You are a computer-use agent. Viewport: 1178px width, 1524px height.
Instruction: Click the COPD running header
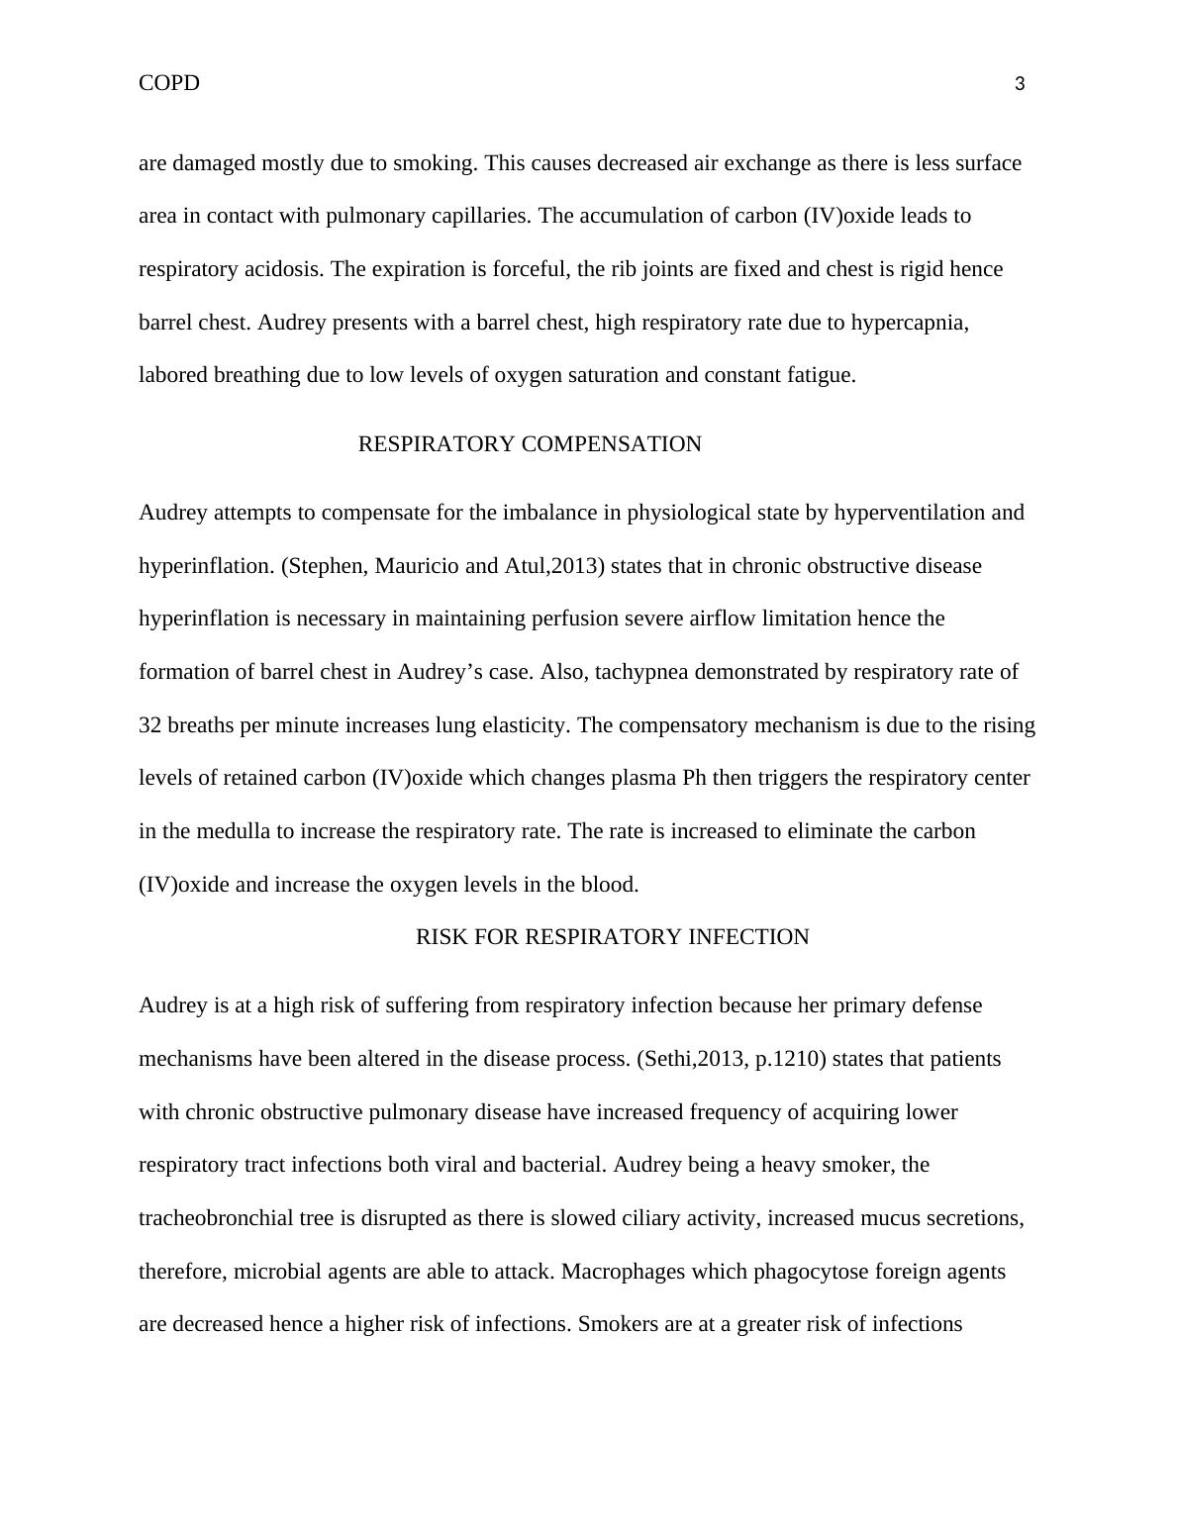[x=169, y=83]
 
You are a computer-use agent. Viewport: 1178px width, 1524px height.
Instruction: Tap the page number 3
[x=1020, y=85]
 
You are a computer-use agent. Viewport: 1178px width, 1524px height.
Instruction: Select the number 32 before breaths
[x=150, y=725]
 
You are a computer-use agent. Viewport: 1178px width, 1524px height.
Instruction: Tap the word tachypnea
[x=642, y=672]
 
